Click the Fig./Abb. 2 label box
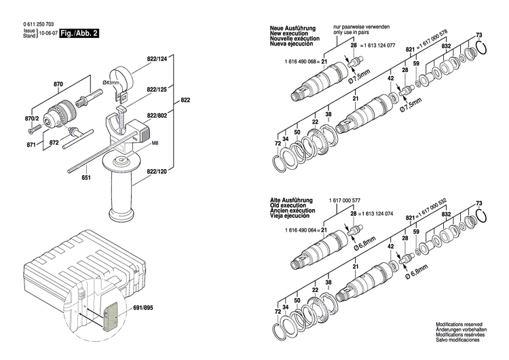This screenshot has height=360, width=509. point(80,32)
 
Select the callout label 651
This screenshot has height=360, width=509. point(86,179)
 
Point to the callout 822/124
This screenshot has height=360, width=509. point(157,59)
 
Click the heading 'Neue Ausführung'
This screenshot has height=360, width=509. point(290,28)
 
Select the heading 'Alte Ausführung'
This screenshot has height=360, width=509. point(290,201)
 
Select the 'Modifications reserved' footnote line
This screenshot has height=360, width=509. point(460,325)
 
